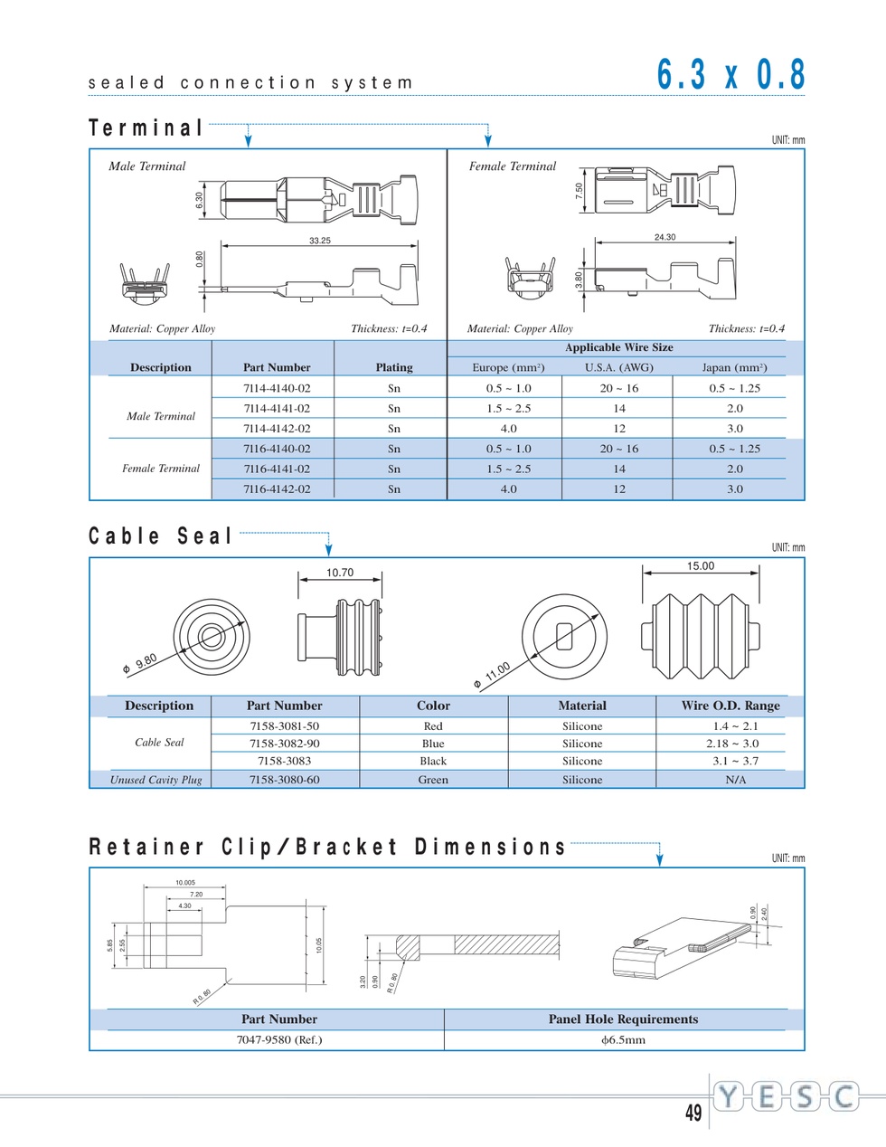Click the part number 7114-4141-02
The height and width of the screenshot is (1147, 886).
coord(277,409)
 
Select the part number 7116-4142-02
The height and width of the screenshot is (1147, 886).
coord(277,488)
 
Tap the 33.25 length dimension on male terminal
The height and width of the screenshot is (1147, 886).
coord(320,241)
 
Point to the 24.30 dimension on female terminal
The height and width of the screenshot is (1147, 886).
coord(664,237)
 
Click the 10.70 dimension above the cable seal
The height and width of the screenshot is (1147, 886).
coord(340,573)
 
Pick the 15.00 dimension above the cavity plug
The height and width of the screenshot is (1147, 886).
coord(701,566)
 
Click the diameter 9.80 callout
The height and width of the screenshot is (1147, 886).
coord(140,663)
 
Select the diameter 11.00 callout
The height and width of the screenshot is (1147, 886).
coord(492,676)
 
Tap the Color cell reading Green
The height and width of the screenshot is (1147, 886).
coord(433,780)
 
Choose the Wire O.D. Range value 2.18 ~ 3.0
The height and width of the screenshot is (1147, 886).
coord(732,744)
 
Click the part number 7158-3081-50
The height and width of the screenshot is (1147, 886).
coord(284,726)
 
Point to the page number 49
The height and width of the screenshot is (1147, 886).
coord(693,1113)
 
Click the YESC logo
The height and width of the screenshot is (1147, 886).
coord(787,1096)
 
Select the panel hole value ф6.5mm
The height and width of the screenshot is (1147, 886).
coord(624,1040)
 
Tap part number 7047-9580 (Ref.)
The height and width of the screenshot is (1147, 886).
coord(279,1040)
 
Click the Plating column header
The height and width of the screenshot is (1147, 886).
coord(394,367)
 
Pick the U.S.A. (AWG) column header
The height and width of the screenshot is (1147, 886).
coord(619,367)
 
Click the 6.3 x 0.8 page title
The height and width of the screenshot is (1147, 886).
coord(730,74)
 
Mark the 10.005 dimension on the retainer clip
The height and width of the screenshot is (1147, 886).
coord(185,883)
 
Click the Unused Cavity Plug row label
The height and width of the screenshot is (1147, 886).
coord(156,780)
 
